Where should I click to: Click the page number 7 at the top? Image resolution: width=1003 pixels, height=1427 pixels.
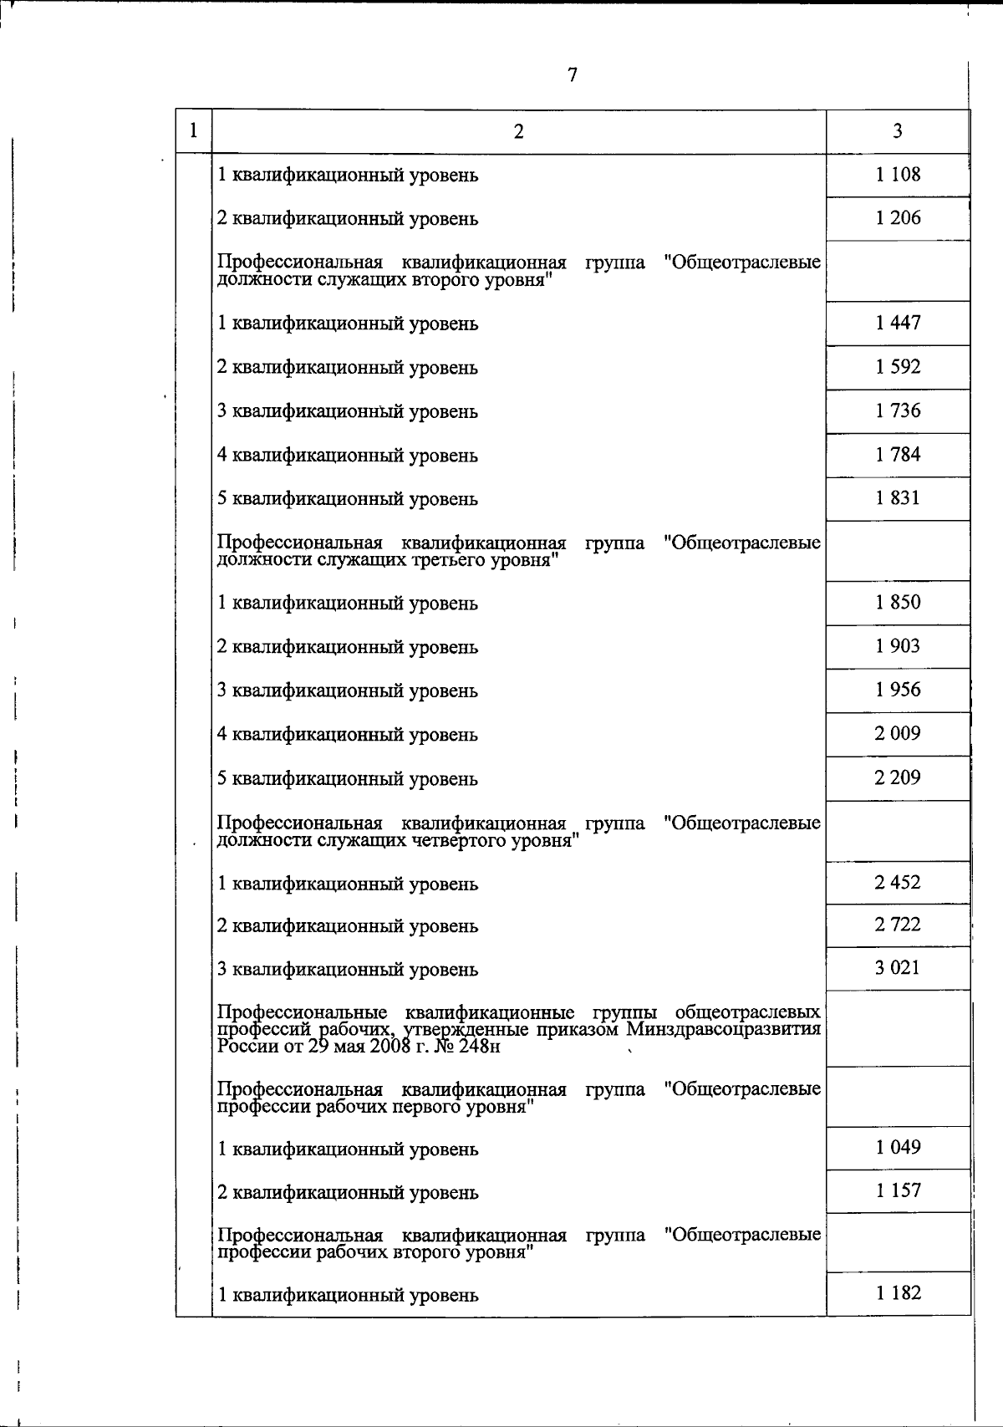pyautogui.click(x=573, y=75)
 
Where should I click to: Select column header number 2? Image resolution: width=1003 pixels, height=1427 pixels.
pyautogui.click(x=519, y=131)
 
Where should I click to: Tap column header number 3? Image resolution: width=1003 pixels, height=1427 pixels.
pyautogui.click(x=898, y=131)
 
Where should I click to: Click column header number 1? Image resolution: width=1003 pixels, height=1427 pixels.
pyautogui.click(x=194, y=131)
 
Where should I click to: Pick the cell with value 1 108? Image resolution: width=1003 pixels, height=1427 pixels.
pyautogui.click(x=898, y=175)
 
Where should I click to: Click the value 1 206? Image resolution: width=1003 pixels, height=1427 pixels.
pyautogui.click(x=898, y=218)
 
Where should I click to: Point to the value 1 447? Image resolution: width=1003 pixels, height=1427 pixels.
pyautogui.click(x=898, y=323)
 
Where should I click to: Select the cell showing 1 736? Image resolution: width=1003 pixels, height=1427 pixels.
pyautogui.click(x=898, y=410)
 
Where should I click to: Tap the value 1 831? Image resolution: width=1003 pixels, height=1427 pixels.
pyautogui.click(x=898, y=498)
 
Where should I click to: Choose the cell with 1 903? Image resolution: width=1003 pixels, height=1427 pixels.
pyautogui.click(x=898, y=646)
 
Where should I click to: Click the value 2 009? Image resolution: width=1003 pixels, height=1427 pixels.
pyautogui.click(x=898, y=734)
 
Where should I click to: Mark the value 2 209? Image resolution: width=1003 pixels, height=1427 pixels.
pyautogui.click(x=898, y=778)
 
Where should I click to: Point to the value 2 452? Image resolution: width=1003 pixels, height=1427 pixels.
pyautogui.click(x=898, y=883)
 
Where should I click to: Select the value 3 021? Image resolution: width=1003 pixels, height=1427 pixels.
pyautogui.click(x=898, y=968)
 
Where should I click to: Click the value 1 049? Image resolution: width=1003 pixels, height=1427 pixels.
pyautogui.click(x=898, y=1147)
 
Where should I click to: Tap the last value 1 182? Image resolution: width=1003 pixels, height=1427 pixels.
pyautogui.click(x=898, y=1293)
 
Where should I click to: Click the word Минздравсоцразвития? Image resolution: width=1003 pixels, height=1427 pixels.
pyautogui.click(x=723, y=1029)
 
